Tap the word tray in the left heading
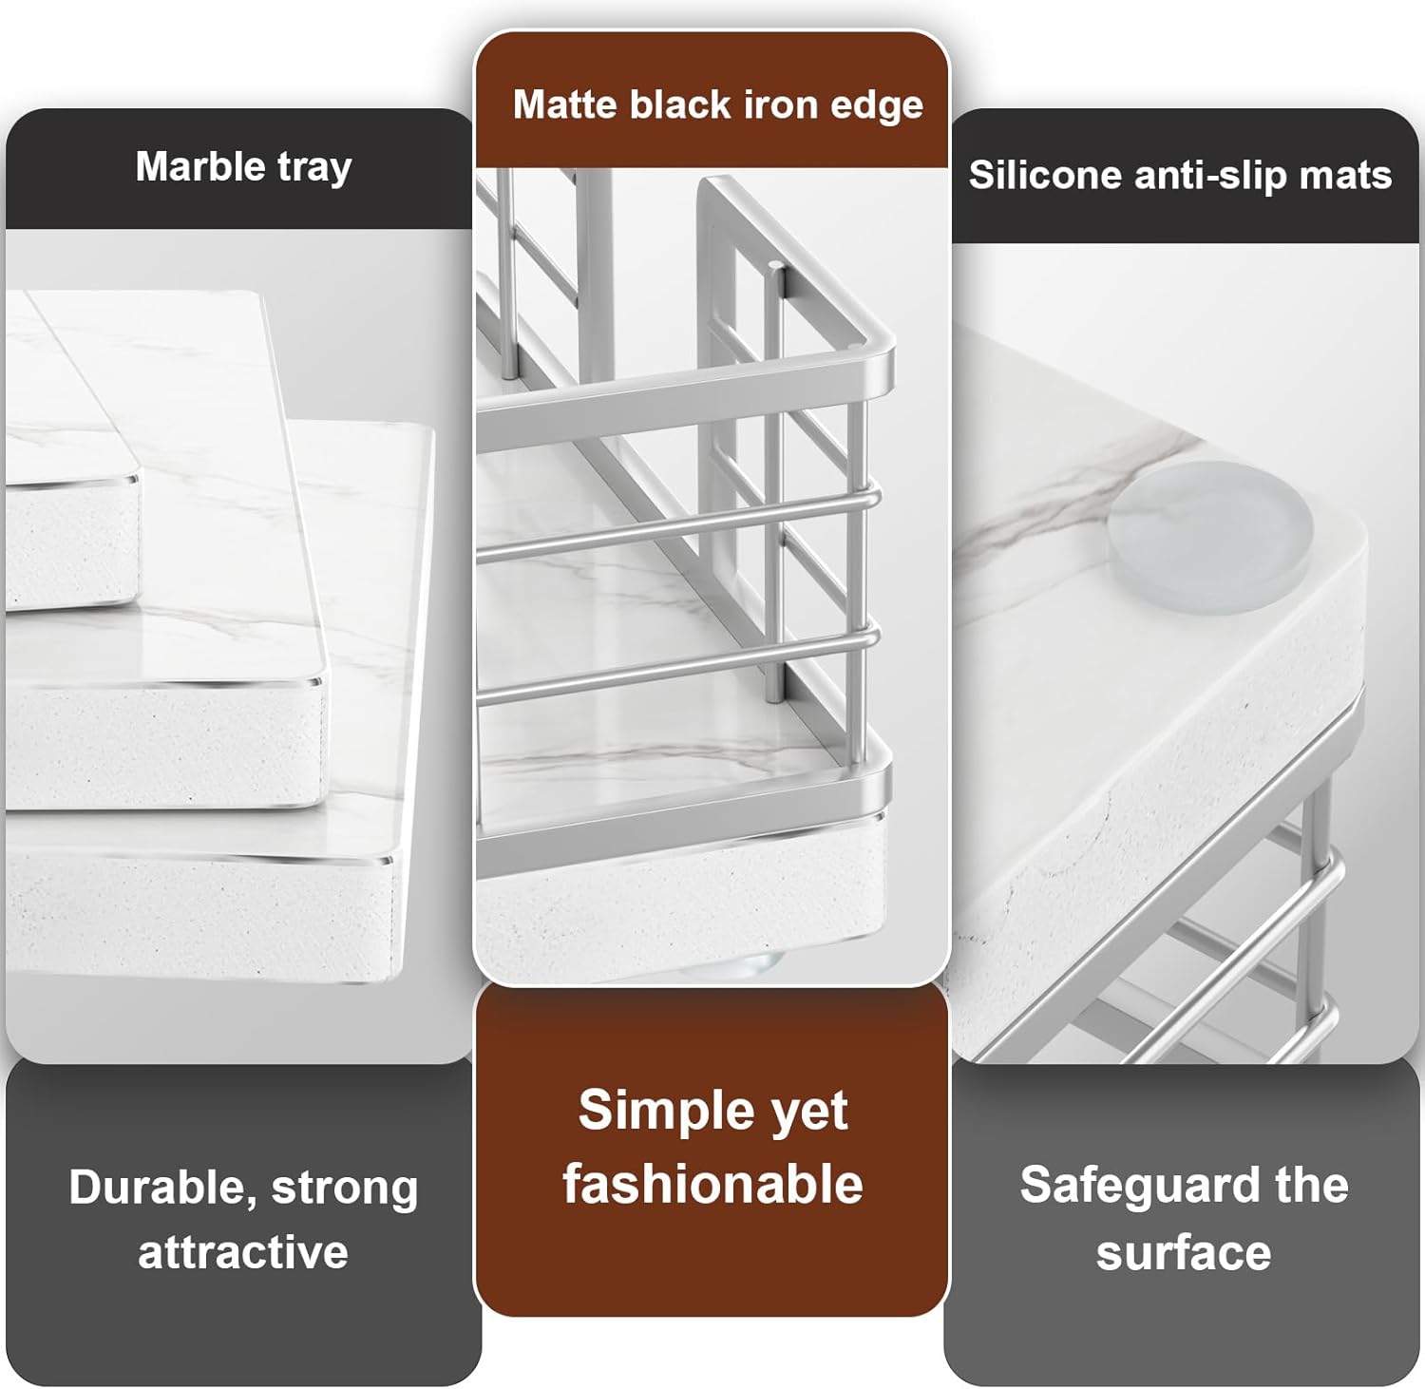(314, 168)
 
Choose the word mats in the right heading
(1350, 175)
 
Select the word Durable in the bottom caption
(161, 1188)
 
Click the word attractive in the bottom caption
(243, 1252)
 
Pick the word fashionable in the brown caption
(712, 1184)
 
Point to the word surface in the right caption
(1184, 1252)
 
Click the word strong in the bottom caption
(345, 1189)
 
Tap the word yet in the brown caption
(808, 1112)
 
